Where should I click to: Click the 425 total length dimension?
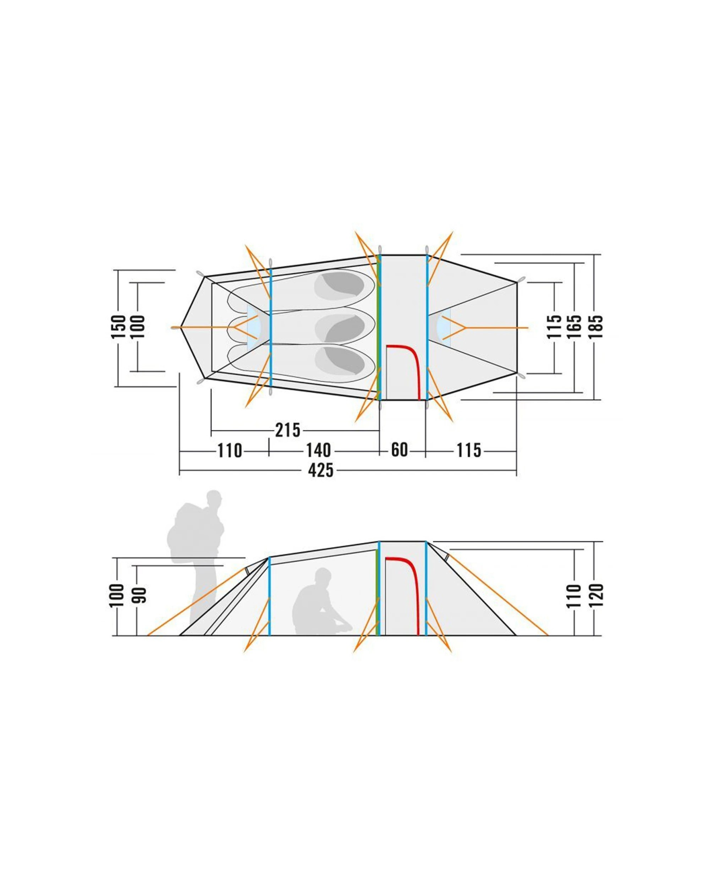(x=321, y=470)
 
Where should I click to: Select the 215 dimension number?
(x=288, y=431)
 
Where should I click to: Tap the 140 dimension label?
(x=318, y=451)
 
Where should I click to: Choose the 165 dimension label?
(x=575, y=327)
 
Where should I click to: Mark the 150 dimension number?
(x=118, y=327)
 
